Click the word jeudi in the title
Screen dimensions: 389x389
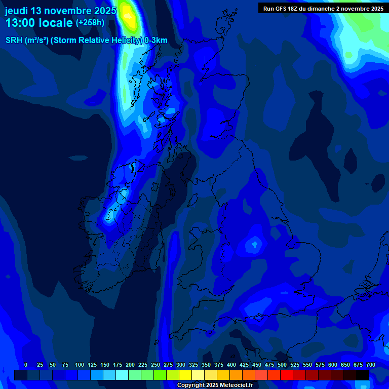pyautogui.click(x=17, y=11)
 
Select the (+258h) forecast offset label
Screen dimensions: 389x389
pyautogui.click(x=90, y=23)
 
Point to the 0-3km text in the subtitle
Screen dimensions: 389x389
pyautogui.click(x=156, y=41)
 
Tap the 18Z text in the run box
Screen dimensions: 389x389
pyautogui.click(x=293, y=9)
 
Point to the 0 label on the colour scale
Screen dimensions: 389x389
pyautogui.click(x=26, y=365)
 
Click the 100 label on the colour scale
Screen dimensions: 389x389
pyautogui.click(x=80, y=365)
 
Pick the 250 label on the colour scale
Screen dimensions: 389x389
pyautogui.click(x=155, y=365)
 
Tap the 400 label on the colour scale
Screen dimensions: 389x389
pyautogui.click(x=231, y=365)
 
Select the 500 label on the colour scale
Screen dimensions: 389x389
pyautogui.click(x=282, y=365)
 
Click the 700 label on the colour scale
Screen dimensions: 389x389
pyautogui.click(x=371, y=365)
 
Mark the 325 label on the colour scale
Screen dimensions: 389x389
pyautogui.click(x=193, y=365)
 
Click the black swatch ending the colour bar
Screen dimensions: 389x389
pyautogui.click(x=363, y=375)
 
